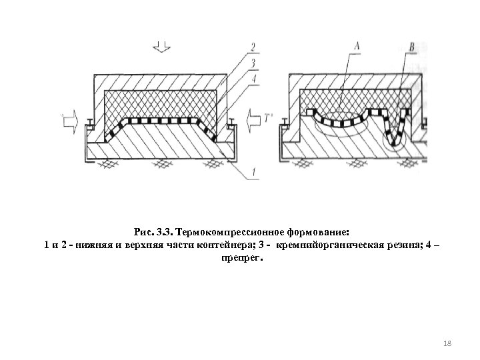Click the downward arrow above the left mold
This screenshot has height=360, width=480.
point(161,46)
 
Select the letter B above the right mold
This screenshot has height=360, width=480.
point(411,46)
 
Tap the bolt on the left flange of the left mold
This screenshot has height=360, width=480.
point(89,122)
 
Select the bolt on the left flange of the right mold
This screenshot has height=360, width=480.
point(285,122)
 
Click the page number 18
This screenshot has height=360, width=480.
point(447,342)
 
